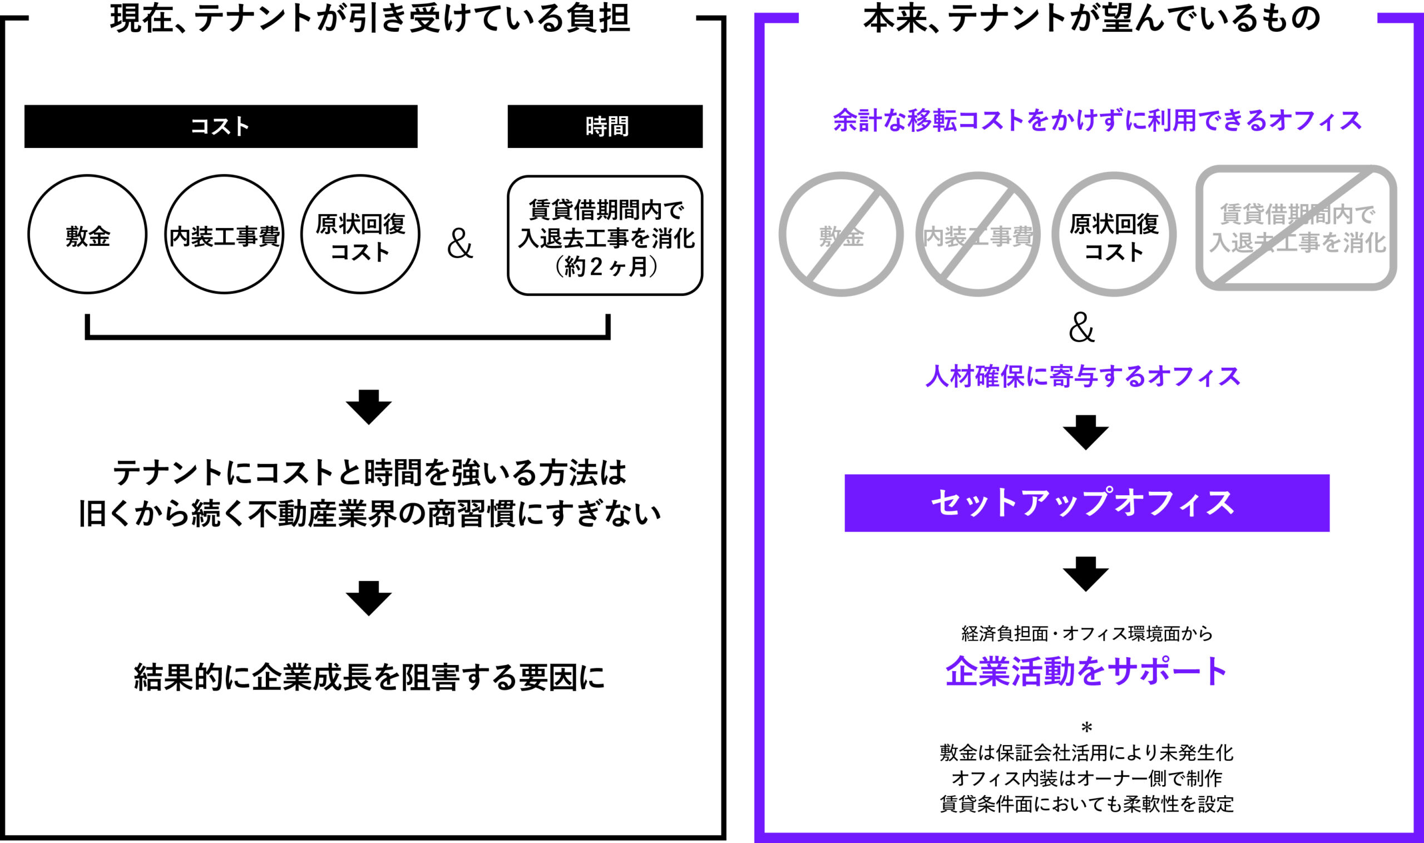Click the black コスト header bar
[x=220, y=126]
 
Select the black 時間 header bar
[x=605, y=126]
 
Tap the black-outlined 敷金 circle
[x=87, y=234]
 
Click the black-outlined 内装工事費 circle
[x=224, y=234]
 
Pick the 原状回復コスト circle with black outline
[x=360, y=234]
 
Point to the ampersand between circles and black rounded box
[x=460, y=244]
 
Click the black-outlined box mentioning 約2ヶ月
[x=605, y=236]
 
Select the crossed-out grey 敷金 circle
[x=841, y=234]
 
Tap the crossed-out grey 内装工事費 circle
[x=978, y=234]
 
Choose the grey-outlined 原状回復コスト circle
[x=1114, y=234]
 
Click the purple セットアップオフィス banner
[x=1087, y=502]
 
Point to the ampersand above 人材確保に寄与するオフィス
[x=1081, y=328]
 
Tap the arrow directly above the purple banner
[x=1086, y=433]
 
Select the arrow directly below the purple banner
[x=1086, y=574]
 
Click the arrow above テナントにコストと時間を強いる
[x=368, y=407]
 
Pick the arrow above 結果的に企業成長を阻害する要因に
[x=368, y=599]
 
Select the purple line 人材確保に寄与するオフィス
[x=1083, y=377]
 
